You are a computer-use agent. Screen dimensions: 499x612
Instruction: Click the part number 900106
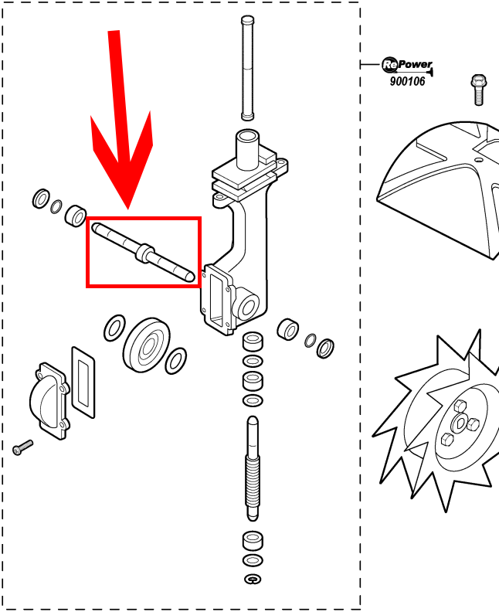coord(407,81)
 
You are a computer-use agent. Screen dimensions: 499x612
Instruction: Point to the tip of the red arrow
coord(128,209)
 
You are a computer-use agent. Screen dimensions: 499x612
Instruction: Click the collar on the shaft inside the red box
coord(145,253)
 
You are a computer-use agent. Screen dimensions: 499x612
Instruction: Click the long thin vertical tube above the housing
coord(247,68)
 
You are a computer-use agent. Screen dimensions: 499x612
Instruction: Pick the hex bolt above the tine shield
coord(479,90)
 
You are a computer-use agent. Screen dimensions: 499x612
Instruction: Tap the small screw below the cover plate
coord(22,447)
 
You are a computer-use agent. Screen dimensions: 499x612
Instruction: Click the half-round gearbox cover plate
coord(49,400)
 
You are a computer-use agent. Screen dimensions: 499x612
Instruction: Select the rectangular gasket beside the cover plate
coord(83,382)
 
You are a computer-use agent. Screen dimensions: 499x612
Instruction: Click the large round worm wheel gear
coord(146,345)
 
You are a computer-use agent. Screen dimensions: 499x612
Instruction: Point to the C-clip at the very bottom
coord(253,579)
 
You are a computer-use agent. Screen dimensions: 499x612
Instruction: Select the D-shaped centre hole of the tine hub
coord(460,423)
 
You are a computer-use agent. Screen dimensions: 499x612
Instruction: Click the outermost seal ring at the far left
coord(41,199)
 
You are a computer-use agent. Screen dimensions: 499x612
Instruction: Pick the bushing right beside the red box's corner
coord(76,215)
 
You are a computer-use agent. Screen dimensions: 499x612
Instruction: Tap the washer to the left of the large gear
coord(114,328)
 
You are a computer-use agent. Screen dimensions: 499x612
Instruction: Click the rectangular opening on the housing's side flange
coord(216,300)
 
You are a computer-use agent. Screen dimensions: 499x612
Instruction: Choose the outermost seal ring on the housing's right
coord(325,348)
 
